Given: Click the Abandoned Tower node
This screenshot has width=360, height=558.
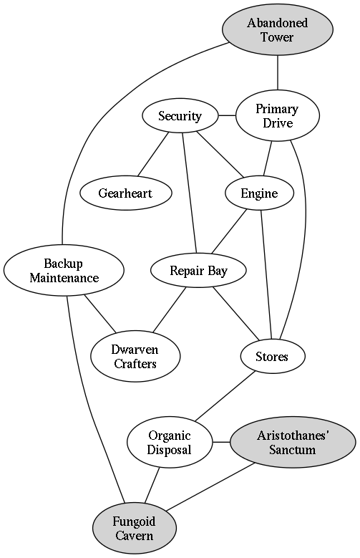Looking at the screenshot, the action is [x=278, y=29].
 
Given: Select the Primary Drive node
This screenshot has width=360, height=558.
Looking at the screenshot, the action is [x=278, y=115].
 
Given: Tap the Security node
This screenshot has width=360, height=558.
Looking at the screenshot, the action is [x=180, y=115].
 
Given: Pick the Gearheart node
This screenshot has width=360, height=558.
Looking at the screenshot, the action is [x=125, y=193].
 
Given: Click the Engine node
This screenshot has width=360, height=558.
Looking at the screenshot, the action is [x=259, y=193].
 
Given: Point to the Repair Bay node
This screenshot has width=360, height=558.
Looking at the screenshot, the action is [x=198, y=270].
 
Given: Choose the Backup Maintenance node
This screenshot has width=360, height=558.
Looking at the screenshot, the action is [x=64, y=270].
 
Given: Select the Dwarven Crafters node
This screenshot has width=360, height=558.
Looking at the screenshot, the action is [x=135, y=356].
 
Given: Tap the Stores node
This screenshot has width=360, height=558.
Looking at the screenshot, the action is [x=272, y=356].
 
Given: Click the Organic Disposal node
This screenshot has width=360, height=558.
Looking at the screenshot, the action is [x=170, y=443].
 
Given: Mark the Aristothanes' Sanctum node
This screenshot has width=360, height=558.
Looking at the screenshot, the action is [x=293, y=443].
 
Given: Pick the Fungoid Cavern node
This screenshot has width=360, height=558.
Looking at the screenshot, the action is [x=135, y=529].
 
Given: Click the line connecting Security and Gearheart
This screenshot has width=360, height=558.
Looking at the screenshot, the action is [x=153, y=154].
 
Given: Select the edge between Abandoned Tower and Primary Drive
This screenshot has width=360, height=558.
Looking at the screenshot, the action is [x=278, y=72].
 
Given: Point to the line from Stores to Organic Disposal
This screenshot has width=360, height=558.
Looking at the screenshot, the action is [x=225, y=396].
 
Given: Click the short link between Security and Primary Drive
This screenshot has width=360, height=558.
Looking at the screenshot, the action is [x=227, y=115].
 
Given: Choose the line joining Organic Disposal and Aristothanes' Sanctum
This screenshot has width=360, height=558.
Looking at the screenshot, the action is [x=221, y=443].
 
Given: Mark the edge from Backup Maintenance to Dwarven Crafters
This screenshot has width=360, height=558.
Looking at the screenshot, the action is [x=100, y=314].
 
